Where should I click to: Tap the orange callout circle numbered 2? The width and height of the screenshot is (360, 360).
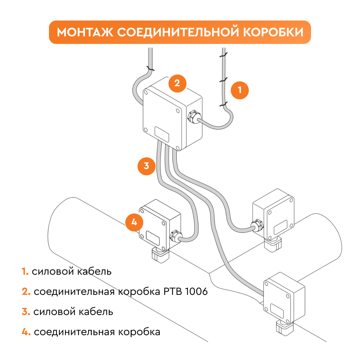pyautogui.click(x=177, y=83)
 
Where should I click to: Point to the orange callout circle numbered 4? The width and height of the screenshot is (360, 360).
pyautogui.click(x=134, y=222)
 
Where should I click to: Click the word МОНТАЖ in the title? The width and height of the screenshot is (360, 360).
pyautogui.click(x=85, y=32)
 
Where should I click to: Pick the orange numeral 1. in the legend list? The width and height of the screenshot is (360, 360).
pyautogui.click(x=25, y=271)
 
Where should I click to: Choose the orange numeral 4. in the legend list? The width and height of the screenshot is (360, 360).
pyautogui.click(x=26, y=332)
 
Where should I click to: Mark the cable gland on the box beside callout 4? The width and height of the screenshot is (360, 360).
pyautogui.click(x=175, y=236)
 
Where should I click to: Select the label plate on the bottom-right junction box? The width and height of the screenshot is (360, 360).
pyautogui.click(x=278, y=310)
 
